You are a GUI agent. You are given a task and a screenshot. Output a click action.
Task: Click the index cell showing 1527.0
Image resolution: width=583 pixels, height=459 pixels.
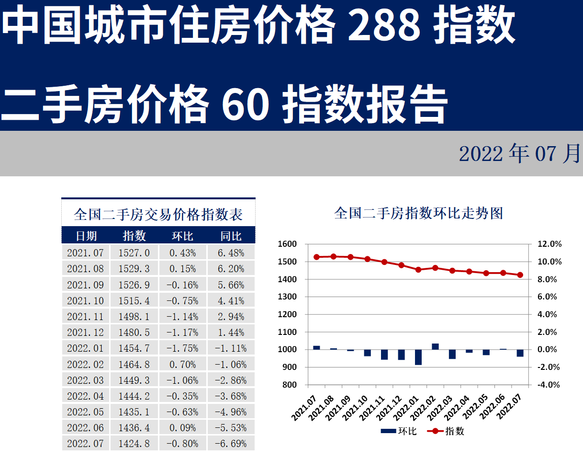[x=134, y=252]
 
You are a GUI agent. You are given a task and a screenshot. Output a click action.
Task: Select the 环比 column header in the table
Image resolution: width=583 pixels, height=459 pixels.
[x=182, y=236]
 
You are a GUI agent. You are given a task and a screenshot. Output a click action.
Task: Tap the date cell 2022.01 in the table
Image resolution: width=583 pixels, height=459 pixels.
[x=85, y=348]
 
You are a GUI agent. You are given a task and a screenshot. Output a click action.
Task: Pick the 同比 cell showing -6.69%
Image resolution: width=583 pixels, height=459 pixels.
[x=231, y=444]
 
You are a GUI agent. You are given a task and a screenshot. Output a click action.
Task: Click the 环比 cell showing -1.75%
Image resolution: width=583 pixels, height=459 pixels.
[x=182, y=348]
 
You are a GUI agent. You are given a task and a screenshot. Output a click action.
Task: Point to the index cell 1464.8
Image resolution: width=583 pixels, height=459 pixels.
[x=134, y=365]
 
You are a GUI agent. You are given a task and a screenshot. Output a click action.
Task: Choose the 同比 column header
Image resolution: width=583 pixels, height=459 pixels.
[x=231, y=236]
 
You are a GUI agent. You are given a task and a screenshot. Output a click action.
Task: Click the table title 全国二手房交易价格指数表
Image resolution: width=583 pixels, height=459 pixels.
[x=158, y=214]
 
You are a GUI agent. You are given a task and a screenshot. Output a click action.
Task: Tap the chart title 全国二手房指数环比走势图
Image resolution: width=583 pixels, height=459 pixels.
[x=418, y=213]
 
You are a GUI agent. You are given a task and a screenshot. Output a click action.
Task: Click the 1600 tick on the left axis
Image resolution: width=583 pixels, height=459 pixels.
[x=287, y=244]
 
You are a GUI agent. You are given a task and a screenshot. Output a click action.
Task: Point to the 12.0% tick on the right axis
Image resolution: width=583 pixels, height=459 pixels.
[x=549, y=244]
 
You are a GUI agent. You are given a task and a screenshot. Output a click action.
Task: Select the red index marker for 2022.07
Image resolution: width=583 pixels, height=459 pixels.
[x=520, y=275]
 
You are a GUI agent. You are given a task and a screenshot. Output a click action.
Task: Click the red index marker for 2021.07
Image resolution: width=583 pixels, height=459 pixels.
[x=316, y=257]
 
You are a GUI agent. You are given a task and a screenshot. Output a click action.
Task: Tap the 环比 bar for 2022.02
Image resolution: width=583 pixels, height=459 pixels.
[x=435, y=346]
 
